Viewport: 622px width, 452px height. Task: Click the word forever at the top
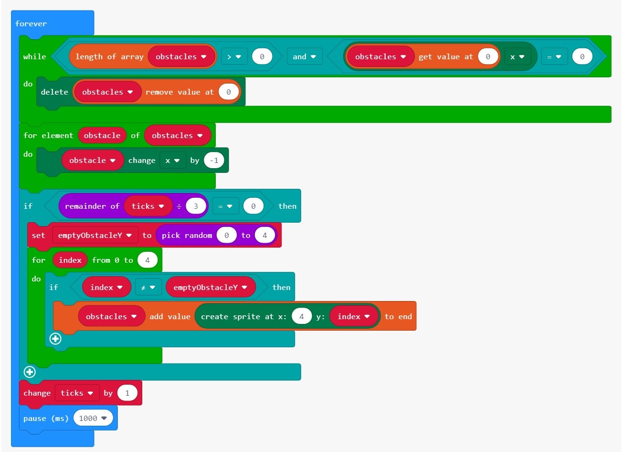point(31,23)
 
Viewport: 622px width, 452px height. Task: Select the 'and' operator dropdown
point(304,56)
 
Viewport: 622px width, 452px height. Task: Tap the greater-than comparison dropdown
point(233,56)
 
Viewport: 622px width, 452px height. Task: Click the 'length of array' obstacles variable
point(181,56)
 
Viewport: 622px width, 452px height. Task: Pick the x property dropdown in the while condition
point(517,56)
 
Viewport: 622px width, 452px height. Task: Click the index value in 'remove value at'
point(228,92)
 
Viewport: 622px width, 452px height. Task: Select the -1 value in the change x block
point(214,160)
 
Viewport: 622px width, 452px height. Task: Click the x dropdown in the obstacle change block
point(172,160)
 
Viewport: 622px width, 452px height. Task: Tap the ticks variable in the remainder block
point(148,206)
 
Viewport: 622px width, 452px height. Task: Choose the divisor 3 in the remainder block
point(195,206)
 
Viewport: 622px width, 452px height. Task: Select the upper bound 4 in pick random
point(264,235)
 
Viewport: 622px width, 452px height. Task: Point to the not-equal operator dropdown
point(148,287)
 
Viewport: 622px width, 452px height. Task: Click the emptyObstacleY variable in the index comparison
point(210,287)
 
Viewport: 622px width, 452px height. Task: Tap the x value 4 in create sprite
point(301,316)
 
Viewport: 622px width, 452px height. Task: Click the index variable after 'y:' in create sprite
point(354,316)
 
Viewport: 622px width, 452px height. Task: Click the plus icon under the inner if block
point(55,339)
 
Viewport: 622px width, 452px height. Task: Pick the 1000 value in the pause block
point(93,418)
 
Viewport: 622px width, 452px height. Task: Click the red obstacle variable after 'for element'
point(102,135)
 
